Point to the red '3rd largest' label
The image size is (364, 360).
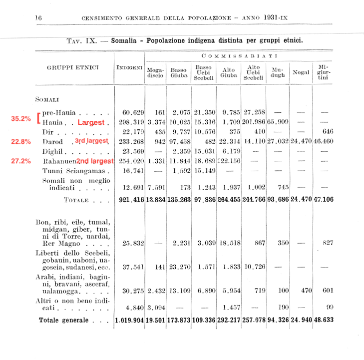coord(91,141)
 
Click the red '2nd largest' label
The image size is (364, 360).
coord(95,161)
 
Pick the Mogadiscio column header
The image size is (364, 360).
coord(154,73)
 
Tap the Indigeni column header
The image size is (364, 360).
coord(129,67)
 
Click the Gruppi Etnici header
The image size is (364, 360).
coord(73,67)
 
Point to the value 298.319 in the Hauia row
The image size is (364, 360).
coord(129,122)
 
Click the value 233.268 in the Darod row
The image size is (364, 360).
coord(129,142)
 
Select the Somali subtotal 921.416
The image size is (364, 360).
coord(129,200)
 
